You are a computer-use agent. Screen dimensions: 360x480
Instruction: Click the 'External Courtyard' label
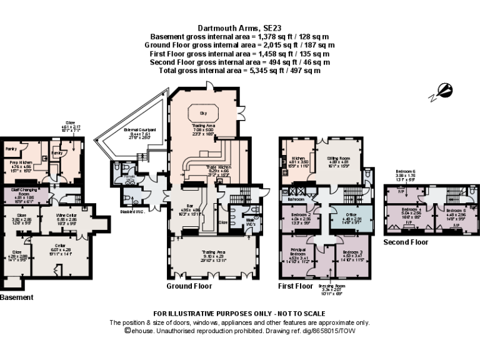(139, 130)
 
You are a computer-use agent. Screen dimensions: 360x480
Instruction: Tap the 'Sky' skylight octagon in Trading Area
(203, 112)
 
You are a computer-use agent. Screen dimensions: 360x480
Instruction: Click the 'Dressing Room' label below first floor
(332, 285)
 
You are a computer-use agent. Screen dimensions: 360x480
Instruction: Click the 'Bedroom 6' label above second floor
(407, 171)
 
